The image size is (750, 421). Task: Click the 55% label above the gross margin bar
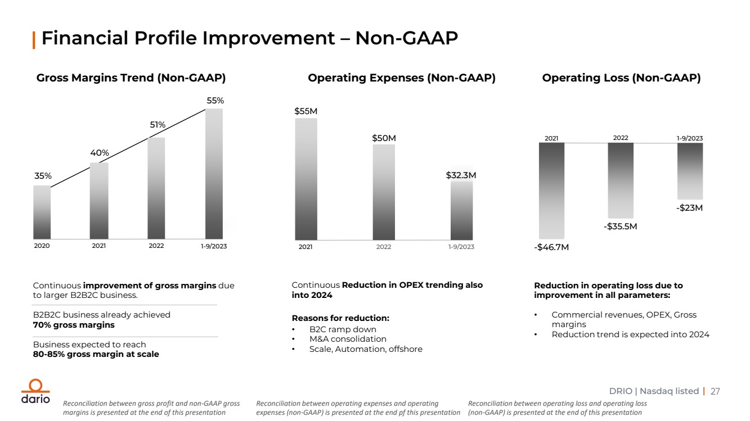[x=215, y=101]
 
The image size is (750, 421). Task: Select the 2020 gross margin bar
[x=42, y=212]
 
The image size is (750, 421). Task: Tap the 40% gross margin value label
[x=100, y=153]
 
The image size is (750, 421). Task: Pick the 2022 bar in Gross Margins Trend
[x=156, y=188]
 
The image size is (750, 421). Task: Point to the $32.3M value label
[x=461, y=175]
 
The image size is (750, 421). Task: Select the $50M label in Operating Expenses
[x=384, y=138]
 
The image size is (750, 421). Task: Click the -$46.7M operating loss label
[x=552, y=247]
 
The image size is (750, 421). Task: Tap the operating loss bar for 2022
[x=621, y=180]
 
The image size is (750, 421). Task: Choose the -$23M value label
[x=690, y=208]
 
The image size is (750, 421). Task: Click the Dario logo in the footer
[x=35, y=392]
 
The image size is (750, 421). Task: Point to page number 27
[x=716, y=391]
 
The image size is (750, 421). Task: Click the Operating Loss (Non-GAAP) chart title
[x=621, y=78]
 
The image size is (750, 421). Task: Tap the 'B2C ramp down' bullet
[x=343, y=329]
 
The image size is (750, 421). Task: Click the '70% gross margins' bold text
[x=74, y=325]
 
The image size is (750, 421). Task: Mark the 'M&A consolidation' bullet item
[x=348, y=339]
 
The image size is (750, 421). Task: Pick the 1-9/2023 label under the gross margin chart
[x=214, y=246]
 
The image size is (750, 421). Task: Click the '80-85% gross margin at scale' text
[x=96, y=354]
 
